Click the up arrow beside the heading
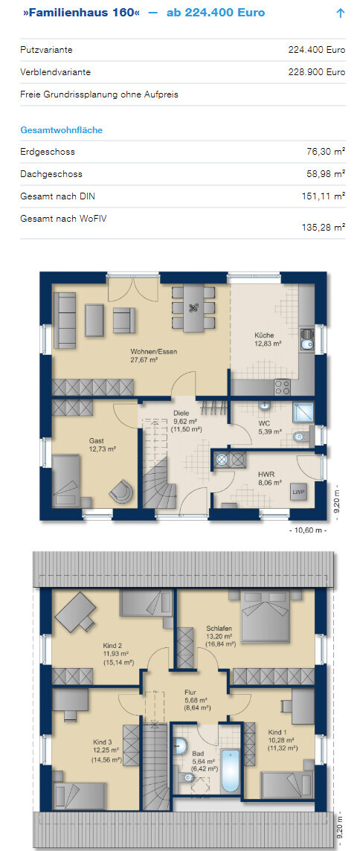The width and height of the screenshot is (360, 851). pos(341,13)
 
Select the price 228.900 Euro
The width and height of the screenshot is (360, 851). pos(317,71)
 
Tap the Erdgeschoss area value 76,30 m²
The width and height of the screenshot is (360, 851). pos(327,152)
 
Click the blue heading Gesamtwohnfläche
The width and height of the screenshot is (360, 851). pos(61,130)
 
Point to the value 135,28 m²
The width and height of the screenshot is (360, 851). pos(324,228)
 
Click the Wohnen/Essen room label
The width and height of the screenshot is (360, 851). pos(154,351)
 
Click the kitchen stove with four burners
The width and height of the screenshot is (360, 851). pos(283,386)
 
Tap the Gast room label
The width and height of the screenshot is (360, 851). pos(97,440)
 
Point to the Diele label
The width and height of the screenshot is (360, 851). pos(181,412)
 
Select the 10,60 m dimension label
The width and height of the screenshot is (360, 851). pos(308,530)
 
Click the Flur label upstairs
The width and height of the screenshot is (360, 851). pos(190,693)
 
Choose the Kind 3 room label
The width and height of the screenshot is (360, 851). pos(103,742)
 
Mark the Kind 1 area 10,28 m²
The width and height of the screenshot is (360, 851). pos(281,739)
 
